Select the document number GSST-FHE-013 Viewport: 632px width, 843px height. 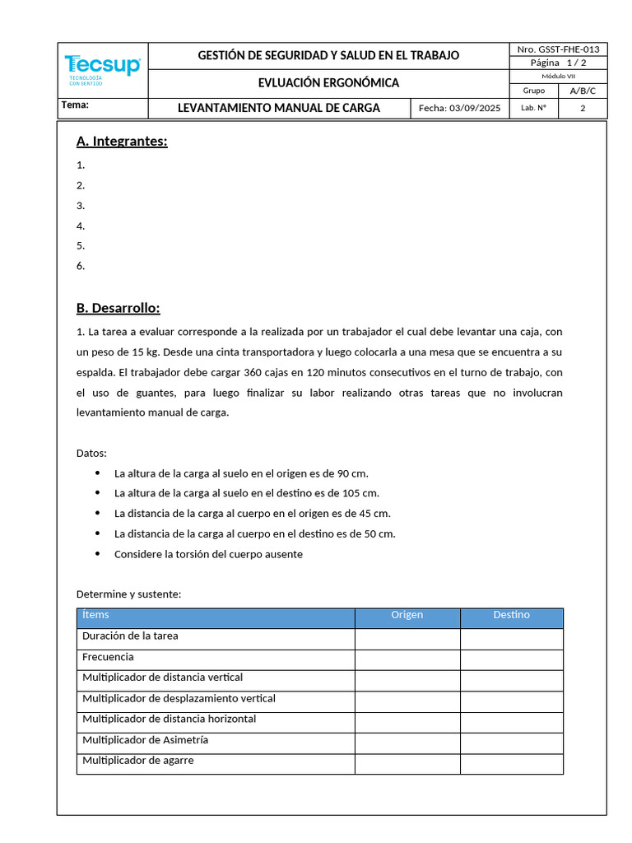pos(558,49)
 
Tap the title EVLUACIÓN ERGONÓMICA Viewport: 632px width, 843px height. pos(328,83)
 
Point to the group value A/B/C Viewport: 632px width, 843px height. pos(583,91)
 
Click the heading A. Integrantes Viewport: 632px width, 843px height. pos(122,142)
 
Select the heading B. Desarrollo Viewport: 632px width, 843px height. pos(118,308)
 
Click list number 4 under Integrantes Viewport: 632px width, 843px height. pos(81,226)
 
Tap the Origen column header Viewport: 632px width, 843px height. pos(407,615)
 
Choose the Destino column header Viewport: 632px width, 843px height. pos(511,615)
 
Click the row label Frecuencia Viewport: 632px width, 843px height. pos(108,657)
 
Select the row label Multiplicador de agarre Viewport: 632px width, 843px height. pos(138,761)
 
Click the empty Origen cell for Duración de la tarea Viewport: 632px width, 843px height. pos(407,638)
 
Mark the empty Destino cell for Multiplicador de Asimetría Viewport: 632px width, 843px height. pos(511,743)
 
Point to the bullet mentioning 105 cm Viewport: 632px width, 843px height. pos(246,493)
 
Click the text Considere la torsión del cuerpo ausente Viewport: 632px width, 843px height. pos(208,554)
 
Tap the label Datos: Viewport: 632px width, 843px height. pos(91,453)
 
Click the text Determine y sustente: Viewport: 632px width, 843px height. pos(128,594)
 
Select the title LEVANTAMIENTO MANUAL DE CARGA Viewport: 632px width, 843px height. pos(279,109)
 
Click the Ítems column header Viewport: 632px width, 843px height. pos(95,615)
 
